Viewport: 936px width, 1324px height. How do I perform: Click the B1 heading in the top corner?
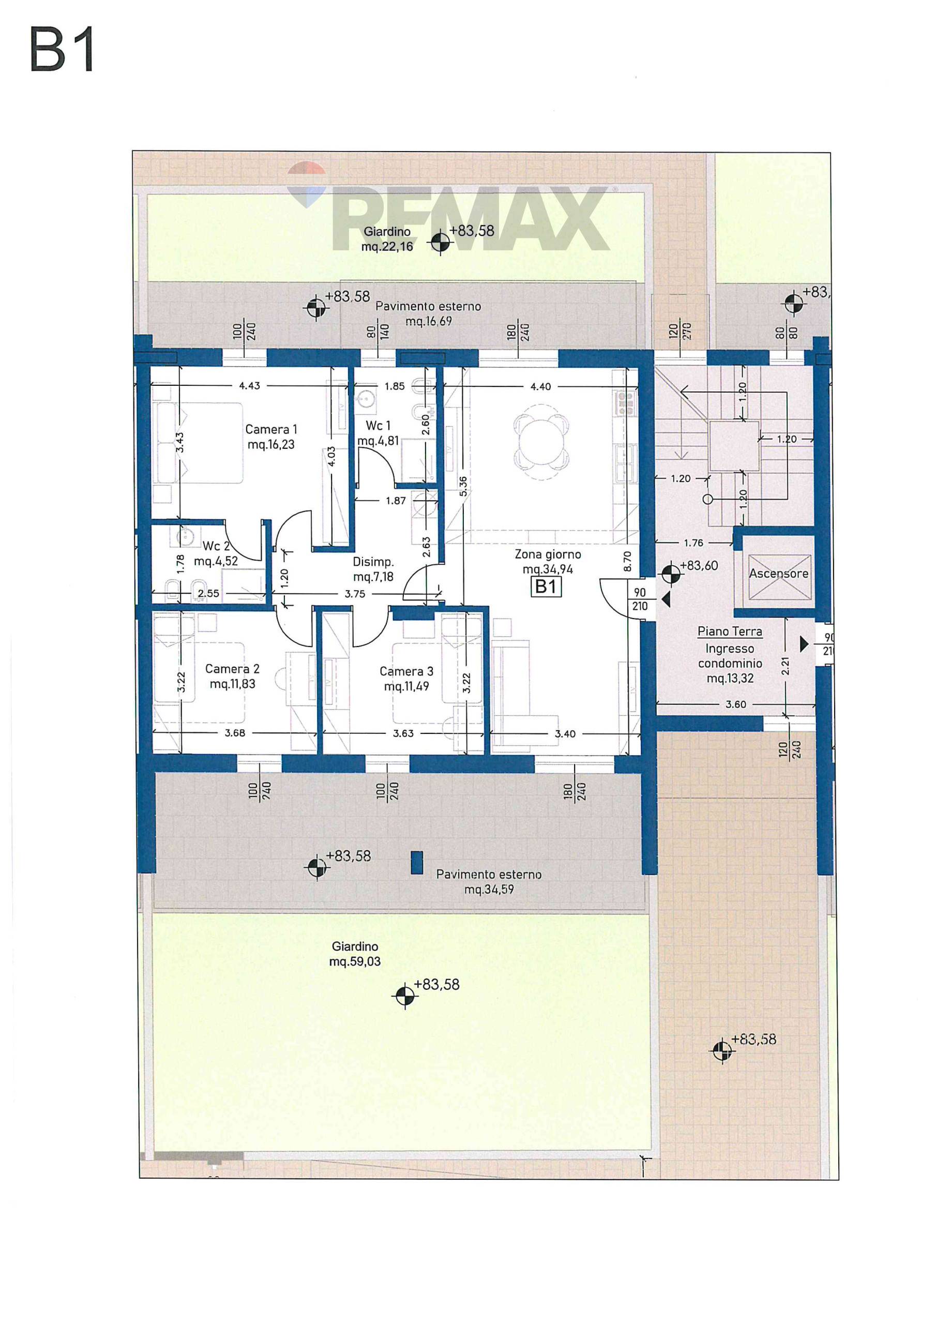[62, 51]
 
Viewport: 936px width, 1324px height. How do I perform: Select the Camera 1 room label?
[271, 437]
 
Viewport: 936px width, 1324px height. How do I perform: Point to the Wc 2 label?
[216, 553]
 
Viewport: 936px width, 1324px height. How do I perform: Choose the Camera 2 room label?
[232, 676]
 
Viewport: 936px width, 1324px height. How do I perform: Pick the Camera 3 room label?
[406, 678]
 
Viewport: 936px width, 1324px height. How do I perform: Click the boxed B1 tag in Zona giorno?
[546, 586]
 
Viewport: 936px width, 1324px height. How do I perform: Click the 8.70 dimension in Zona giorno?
[627, 561]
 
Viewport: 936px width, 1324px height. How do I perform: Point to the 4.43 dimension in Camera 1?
[250, 386]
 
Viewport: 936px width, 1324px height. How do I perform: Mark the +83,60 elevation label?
[699, 566]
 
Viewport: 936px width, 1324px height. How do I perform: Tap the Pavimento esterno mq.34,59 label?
[489, 882]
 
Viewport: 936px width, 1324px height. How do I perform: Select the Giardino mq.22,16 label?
[387, 239]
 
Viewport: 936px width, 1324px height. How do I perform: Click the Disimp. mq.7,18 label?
[373, 569]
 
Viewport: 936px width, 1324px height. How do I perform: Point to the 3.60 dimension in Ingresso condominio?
[736, 704]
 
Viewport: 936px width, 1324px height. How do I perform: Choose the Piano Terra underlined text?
[730, 632]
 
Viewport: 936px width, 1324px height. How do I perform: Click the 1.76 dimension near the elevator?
[693, 543]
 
